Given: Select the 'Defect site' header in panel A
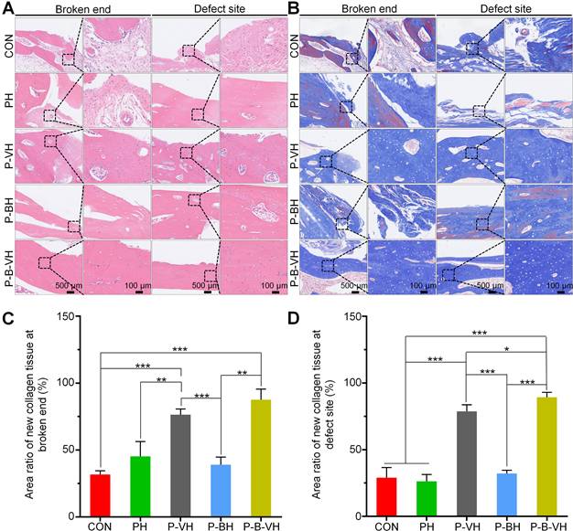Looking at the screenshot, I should pos(219,8).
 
